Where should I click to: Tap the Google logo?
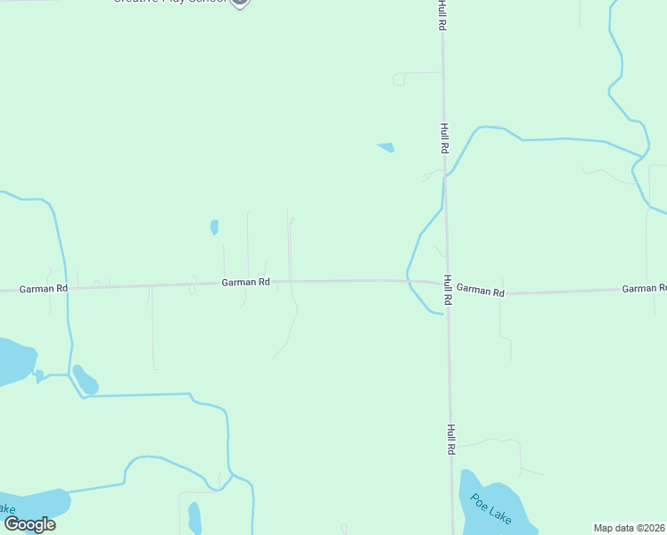[29, 524]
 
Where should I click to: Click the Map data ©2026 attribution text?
[630, 528]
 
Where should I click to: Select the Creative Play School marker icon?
[239, 3]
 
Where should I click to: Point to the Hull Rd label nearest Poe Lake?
[451, 440]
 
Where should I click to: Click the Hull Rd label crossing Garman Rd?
[447, 290]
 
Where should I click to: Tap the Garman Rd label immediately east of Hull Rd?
[480, 292]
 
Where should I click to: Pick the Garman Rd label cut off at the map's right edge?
[644, 288]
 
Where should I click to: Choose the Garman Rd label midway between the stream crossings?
[245, 282]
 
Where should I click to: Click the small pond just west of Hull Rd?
[386, 147]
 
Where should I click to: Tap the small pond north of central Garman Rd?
[214, 226]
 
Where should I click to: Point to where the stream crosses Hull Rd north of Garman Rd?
[446, 173]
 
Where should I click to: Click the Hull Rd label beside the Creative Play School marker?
[441, 16]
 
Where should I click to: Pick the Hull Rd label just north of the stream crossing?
[443, 137]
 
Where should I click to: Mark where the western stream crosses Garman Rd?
[67, 287]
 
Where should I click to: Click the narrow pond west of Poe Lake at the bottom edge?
[194, 518]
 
